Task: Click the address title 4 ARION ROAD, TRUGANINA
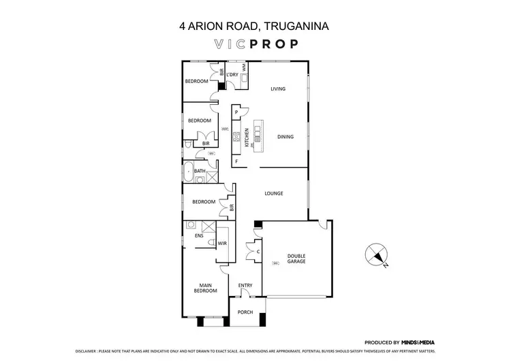[255, 27]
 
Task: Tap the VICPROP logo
[255, 45]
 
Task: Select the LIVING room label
[277, 89]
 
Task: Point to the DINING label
[285, 137]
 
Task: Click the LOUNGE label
[274, 193]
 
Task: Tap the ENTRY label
[245, 285]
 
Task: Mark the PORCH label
[245, 312]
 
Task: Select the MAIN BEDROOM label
[208, 288]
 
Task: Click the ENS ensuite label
[198, 236]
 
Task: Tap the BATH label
[200, 171]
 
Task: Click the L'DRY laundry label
[232, 73]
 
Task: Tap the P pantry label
[236, 112]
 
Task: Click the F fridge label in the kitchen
[236, 162]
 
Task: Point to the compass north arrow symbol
[374, 255]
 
